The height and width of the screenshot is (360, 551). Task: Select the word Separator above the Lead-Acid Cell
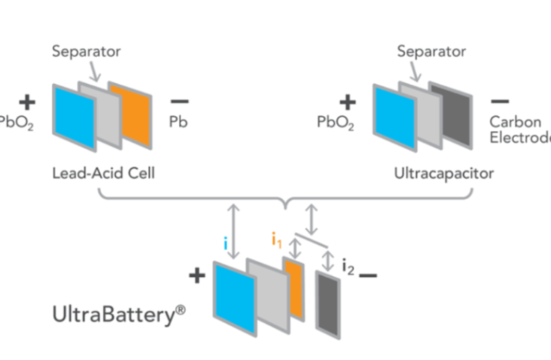(84, 53)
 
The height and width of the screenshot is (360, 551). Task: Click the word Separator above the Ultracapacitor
(429, 53)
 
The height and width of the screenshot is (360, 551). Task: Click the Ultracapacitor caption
(443, 173)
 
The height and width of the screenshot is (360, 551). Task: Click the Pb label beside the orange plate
(178, 123)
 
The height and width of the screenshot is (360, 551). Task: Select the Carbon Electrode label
(519, 130)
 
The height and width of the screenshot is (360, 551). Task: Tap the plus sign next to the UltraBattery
(196, 275)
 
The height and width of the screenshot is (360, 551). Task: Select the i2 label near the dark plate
(348, 267)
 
